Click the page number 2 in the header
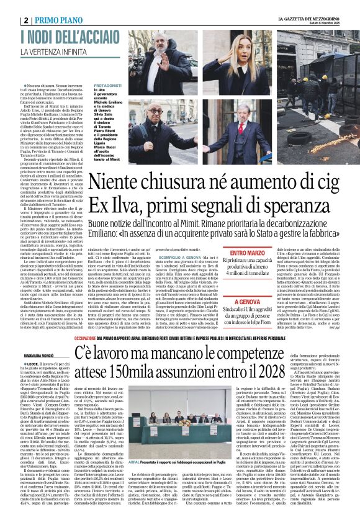pos(25,19)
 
